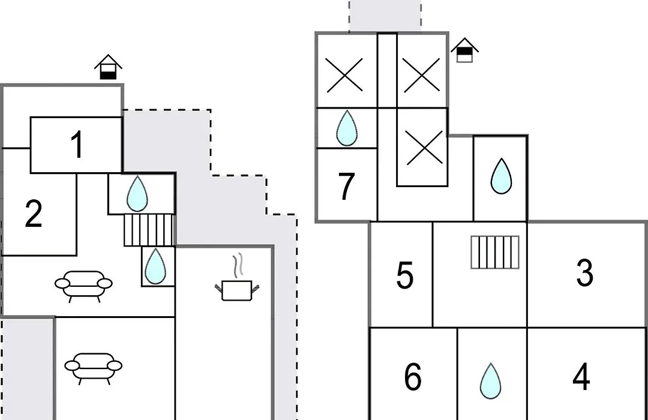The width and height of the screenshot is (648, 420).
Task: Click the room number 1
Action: click(x=77, y=144)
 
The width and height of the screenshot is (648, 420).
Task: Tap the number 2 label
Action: click(x=34, y=214)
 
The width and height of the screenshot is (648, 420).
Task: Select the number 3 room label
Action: click(x=585, y=272)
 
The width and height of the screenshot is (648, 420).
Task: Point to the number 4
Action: click(x=581, y=377)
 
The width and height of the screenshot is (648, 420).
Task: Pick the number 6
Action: click(x=412, y=377)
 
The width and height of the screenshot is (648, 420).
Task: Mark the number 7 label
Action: click(x=346, y=186)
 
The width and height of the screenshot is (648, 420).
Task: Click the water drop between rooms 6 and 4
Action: click(x=491, y=381)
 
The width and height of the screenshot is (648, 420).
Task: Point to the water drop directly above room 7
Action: click(x=346, y=128)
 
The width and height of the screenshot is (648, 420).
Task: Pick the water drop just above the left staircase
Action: click(x=137, y=193)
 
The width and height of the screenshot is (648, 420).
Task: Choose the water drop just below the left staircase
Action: click(x=155, y=266)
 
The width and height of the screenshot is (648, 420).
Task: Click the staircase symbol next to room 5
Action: click(x=494, y=252)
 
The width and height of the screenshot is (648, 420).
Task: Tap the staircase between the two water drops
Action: click(x=149, y=230)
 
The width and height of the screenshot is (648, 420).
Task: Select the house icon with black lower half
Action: click(x=108, y=67)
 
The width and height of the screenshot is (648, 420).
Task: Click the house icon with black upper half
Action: click(x=464, y=50)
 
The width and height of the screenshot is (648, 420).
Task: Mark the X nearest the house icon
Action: click(x=421, y=75)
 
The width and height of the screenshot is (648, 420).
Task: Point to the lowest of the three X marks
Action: click(x=424, y=148)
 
